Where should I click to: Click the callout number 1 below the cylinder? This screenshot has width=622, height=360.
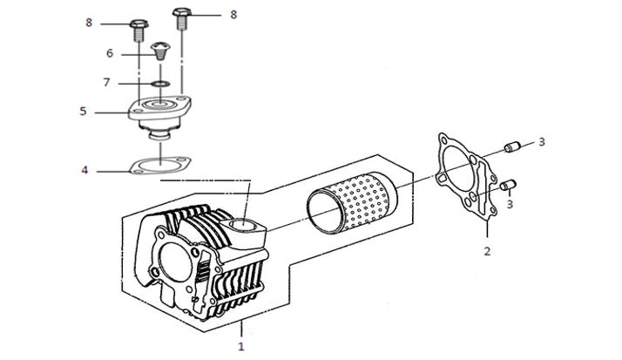[240, 346]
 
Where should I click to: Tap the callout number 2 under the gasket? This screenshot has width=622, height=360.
[487, 251]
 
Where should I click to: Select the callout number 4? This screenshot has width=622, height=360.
[85, 170]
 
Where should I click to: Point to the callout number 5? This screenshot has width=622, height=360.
[83, 111]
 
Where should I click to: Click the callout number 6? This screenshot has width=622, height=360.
[110, 53]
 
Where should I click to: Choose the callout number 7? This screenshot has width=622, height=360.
[106, 83]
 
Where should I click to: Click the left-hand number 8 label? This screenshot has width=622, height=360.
[89, 23]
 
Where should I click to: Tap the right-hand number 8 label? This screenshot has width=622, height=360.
[233, 15]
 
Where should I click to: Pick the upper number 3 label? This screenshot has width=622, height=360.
[542, 142]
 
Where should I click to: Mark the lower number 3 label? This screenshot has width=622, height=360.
[510, 205]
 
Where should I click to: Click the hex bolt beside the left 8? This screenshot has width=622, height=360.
[139, 31]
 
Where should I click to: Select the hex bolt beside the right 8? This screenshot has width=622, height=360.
[182, 18]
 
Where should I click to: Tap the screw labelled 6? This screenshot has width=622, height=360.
[160, 51]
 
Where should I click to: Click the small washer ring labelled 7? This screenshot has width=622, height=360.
[160, 84]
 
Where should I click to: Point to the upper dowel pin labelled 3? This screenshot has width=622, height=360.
[511, 146]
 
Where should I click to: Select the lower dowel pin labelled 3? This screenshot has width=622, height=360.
[508, 185]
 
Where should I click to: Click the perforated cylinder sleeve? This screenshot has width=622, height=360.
[352, 203]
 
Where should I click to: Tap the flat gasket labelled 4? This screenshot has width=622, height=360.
[160, 165]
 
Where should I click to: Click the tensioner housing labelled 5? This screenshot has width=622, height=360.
[160, 117]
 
